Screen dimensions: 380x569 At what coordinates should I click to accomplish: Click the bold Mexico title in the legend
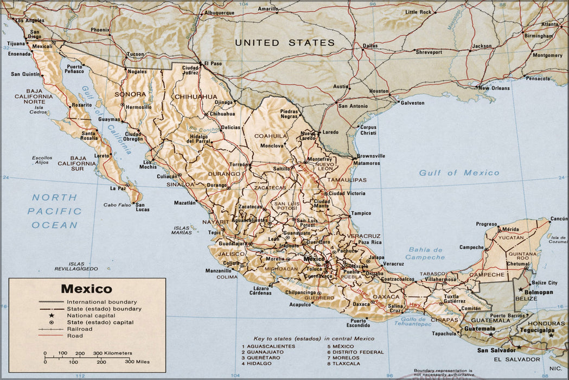point(86,289)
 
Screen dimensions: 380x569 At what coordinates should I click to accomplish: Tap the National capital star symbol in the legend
point(53,315)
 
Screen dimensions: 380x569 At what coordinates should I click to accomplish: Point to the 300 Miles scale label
point(138,361)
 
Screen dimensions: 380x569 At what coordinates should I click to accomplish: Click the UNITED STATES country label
point(285,42)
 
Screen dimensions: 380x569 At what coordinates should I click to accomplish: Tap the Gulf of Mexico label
point(459,173)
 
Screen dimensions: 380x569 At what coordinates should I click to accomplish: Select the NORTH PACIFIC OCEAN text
point(56,211)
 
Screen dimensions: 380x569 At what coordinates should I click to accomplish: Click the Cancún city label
point(558,219)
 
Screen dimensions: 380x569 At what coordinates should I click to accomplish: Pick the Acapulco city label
point(300,305)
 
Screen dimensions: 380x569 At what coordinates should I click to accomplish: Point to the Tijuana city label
point(16,43)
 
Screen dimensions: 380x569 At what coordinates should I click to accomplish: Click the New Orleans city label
point(494,88)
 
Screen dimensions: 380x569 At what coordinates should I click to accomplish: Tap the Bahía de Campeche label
point(425,254)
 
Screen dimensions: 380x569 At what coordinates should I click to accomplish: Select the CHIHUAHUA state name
point(195,97)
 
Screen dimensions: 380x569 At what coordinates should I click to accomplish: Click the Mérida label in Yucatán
point(510,229)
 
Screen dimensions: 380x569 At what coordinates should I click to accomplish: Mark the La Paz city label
point(118,188)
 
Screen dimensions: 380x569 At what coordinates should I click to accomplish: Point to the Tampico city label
point(361,213)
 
